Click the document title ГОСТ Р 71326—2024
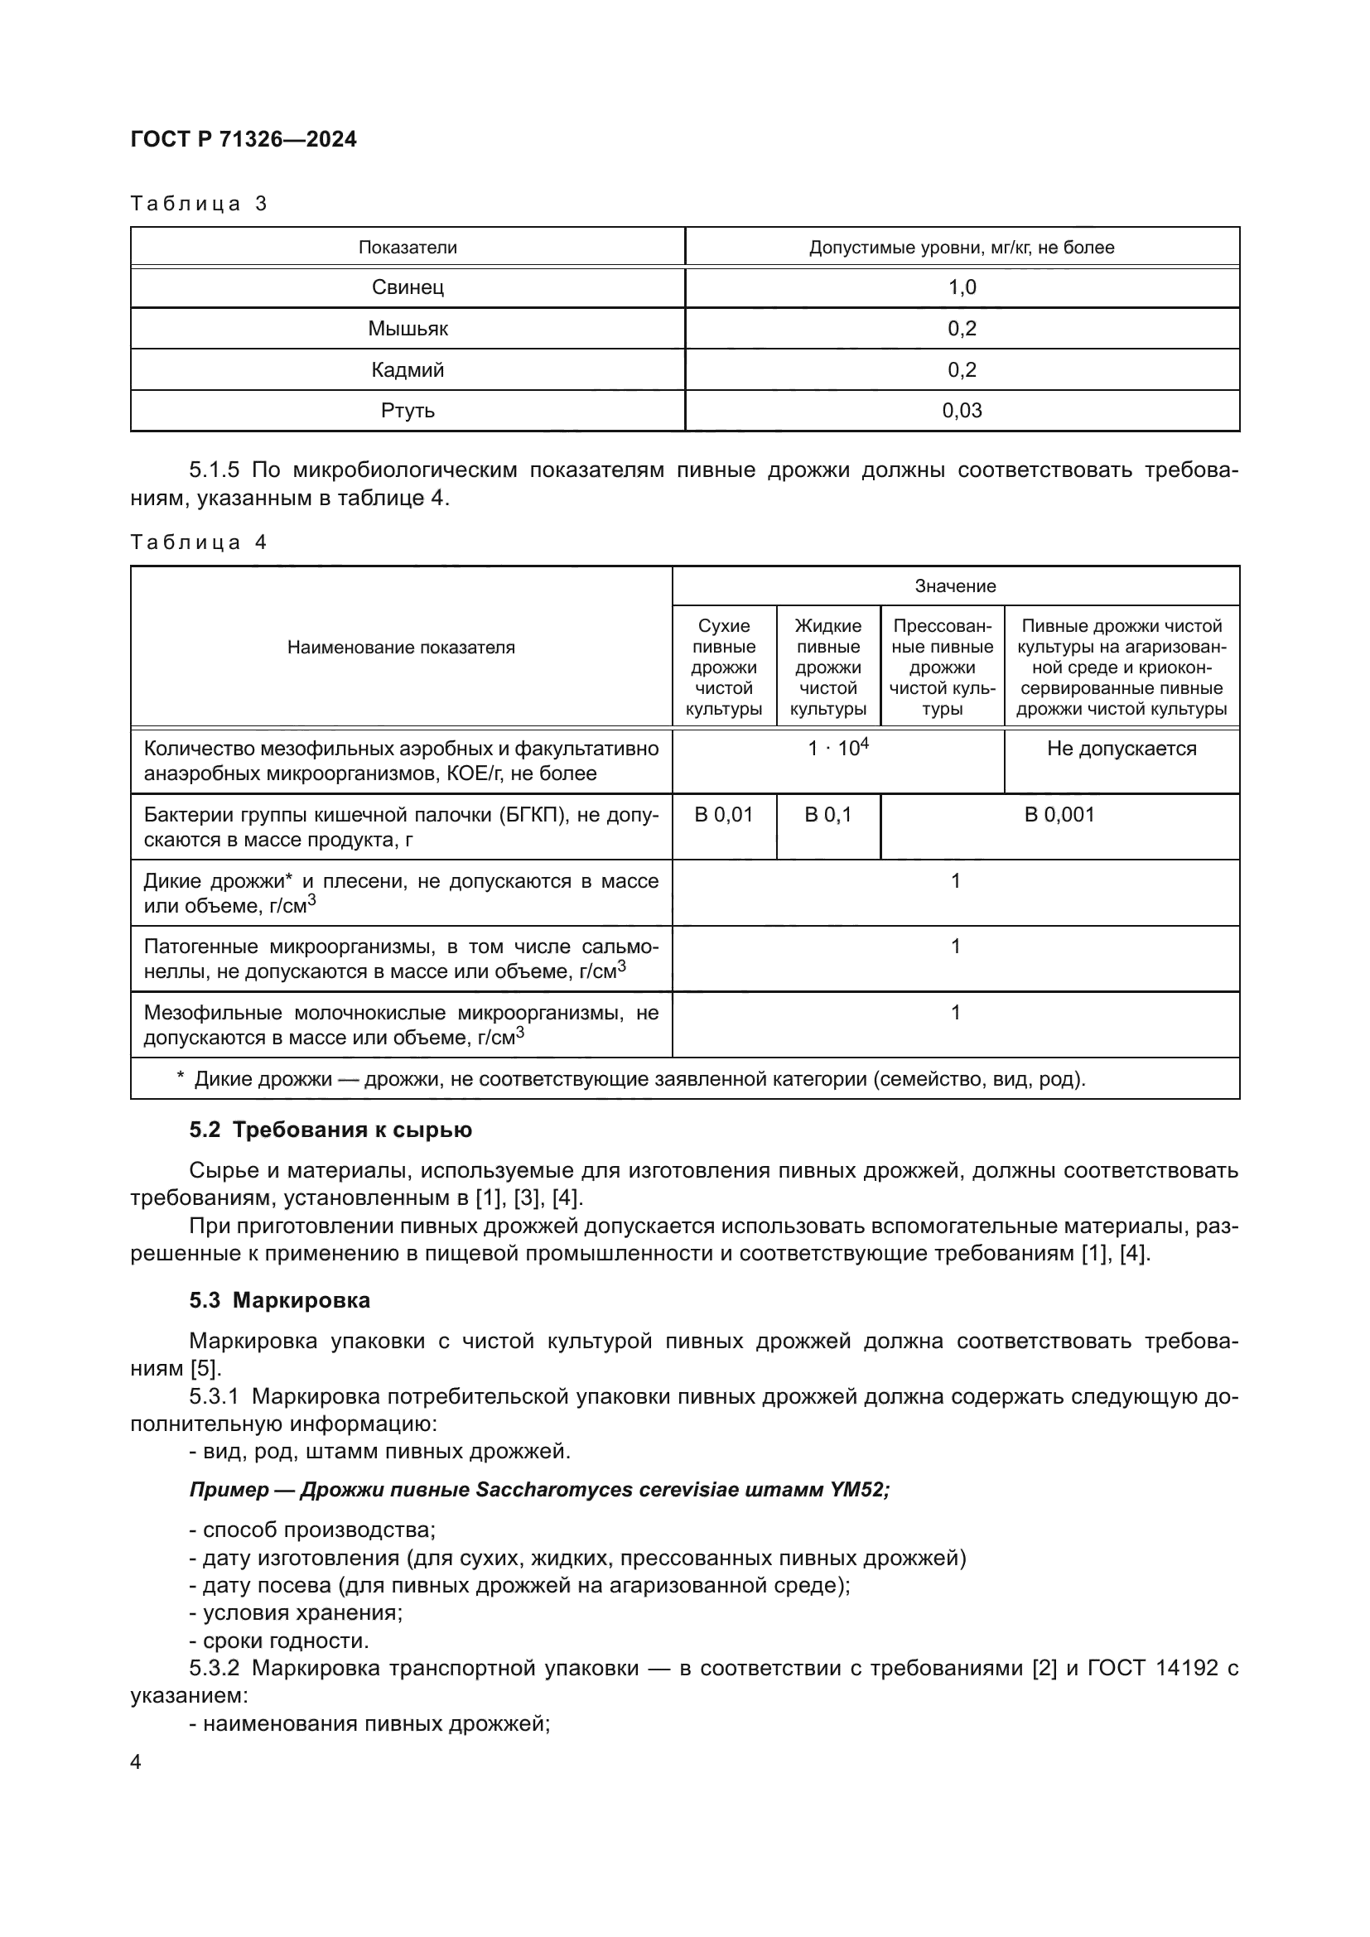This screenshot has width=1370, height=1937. pos(244,139)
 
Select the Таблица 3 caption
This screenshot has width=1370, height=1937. pos(199,204)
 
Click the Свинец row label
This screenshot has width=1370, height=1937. pos(408,287)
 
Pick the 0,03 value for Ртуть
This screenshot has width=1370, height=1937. pos(962,411)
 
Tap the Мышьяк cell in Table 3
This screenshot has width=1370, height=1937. pos(408,328)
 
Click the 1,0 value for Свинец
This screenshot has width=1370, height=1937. pos(962,287)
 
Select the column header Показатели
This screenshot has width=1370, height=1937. pos(408,247)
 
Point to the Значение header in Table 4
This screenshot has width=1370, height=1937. pos(955,585)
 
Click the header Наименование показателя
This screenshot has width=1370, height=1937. pos(401,647)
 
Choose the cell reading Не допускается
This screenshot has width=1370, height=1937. pos(1122,749)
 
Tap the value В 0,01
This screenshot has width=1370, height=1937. pos(724,814)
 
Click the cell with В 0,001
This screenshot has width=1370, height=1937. pos(1059,814)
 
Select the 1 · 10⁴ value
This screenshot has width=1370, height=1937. pos(837,749)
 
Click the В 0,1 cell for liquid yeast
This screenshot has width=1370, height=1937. pos(827,814)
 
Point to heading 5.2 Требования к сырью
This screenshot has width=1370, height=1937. pos(330,1130)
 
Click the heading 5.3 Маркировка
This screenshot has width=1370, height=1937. pos(279,1300)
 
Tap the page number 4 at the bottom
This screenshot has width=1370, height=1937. pos(136,1761)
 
